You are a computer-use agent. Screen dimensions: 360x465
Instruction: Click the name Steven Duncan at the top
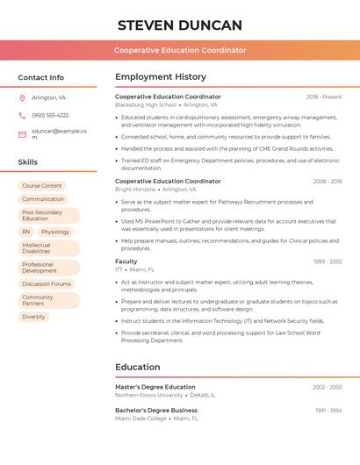179,25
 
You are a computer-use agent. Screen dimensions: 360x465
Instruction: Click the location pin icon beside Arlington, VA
22,98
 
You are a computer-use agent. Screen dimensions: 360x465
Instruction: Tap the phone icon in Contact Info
22,115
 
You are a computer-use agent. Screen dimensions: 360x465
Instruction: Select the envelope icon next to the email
22,134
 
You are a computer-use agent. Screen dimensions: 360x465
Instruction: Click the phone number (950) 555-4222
50,115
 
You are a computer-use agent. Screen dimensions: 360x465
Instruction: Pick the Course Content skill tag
42,186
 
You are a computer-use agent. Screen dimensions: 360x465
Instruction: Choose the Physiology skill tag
55,232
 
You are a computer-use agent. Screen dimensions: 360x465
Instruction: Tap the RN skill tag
26,232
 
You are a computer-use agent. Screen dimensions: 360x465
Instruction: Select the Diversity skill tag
33,317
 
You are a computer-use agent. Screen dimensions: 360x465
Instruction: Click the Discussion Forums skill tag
47,283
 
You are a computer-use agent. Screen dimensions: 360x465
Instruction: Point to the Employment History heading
161,77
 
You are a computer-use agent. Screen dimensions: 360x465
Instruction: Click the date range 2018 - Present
324,97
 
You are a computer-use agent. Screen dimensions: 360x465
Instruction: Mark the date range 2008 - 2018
327,182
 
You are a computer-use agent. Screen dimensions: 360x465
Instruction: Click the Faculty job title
126,261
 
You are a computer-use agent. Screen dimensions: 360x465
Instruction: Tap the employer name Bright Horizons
134,189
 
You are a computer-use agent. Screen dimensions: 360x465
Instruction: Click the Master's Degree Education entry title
155,387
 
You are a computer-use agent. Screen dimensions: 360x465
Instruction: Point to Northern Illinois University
148,395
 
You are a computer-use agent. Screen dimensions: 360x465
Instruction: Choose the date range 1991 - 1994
328,411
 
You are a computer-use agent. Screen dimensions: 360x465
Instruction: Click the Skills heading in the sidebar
28,162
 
